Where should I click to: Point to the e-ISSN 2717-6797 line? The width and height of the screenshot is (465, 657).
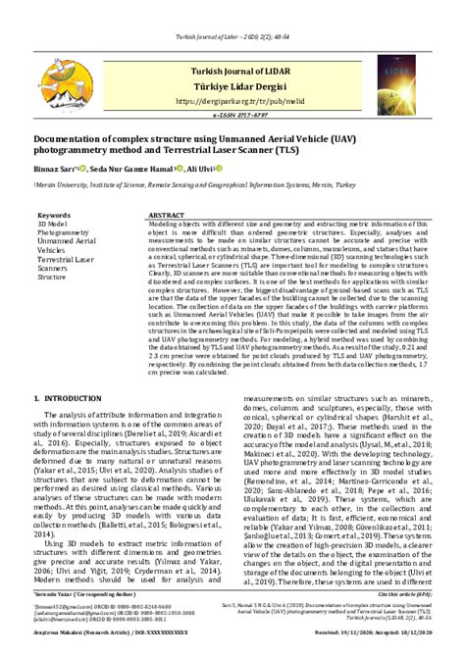click(x=232, y=116)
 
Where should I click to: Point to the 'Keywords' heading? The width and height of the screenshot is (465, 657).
click(x=54, y=214)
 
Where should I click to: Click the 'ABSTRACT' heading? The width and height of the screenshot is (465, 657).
click(x=166, y=214)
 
